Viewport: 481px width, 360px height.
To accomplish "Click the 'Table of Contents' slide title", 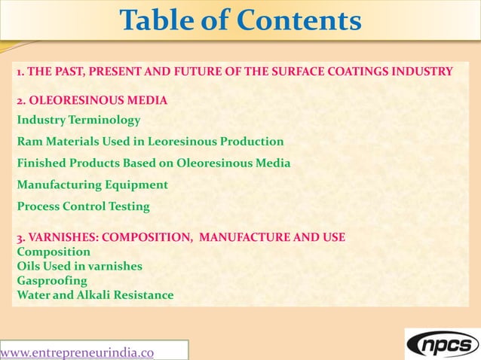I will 240,22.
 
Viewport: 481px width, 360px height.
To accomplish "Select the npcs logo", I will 442,344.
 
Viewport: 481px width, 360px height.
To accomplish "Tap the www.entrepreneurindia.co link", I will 78,352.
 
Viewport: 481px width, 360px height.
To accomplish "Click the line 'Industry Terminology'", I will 78,120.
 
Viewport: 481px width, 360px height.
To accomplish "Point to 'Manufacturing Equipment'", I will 92,184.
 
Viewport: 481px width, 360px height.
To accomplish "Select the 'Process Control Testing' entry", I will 83,206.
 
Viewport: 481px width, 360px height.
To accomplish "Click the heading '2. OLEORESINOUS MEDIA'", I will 92,99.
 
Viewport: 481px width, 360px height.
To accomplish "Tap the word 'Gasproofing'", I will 52,280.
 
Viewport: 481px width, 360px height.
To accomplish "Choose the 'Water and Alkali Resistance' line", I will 95,295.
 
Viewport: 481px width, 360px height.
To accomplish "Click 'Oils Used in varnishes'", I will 79,266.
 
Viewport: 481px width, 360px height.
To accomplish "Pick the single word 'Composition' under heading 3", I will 54,252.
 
